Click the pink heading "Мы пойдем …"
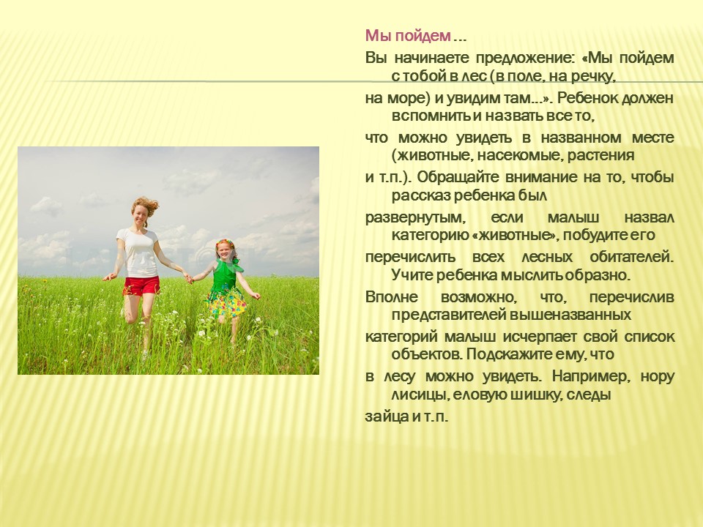(x=416, y=35)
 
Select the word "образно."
(x=598, y=275)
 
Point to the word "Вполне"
(x=391, y=296)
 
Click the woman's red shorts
(x=141, y=286)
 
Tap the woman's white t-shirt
(x=139, y=253)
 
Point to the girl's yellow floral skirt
(x=226, y=303)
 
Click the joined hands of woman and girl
(x=189, y=279)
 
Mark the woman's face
(x=141, y=215)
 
